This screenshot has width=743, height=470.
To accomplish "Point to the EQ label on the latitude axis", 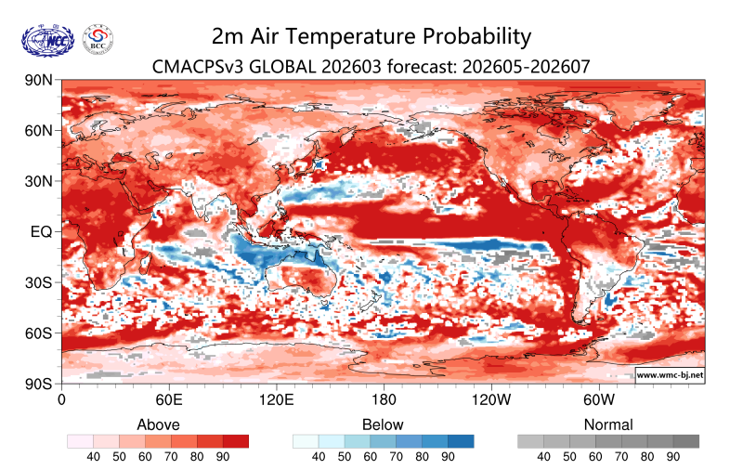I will [41, 231].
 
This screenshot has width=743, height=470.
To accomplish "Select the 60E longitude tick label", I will [168, 400].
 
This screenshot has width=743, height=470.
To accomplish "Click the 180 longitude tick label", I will [384, 400].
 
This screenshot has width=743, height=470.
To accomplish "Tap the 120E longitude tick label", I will [276, 400].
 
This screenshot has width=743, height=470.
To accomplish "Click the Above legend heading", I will [158, 424].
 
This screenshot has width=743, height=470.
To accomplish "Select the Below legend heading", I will [383, 424].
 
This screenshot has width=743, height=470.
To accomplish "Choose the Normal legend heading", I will [608, 424].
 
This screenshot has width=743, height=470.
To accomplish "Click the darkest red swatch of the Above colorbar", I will [236, 441].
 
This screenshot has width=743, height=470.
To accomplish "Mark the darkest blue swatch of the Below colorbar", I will [461, 441].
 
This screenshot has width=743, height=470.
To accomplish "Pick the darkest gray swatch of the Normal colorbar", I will [686, 441].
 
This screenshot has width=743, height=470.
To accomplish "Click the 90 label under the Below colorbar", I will [448, 457].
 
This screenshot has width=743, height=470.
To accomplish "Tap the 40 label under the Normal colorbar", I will [543, 457].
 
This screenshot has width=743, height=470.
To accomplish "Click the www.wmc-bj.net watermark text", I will [670, 375].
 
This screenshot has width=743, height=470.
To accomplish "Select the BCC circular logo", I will [98, 39].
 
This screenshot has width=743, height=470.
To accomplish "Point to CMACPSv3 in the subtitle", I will [197, 66].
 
